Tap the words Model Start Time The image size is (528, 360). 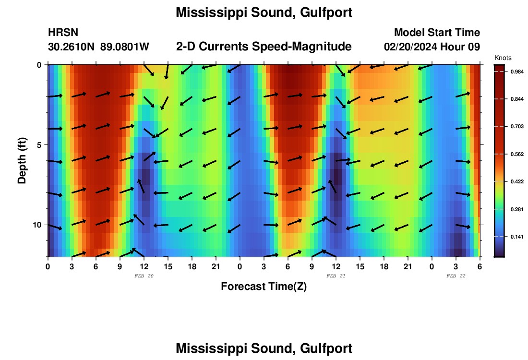pyautogui.click(x=437, y=33)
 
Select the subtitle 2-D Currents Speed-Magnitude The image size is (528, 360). pyautogui.click(x=264, y=47)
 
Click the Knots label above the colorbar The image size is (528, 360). pyautogui.click(x=503, y=58)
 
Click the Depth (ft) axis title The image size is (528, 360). pyautogui.click(x=22, y=161)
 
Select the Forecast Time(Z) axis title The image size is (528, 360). pyautogui.click(x=264, y=287)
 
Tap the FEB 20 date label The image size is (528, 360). pyautogui.click(x=144, y=276)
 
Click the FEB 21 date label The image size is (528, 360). pyautogui.click(x=336, y=276)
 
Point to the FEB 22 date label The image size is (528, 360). pyautogui.click(x=456, y=276)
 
